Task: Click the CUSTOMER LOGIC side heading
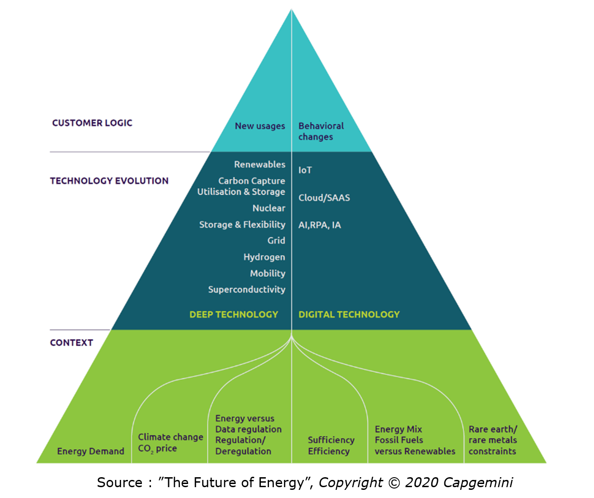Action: pyautogui.click(x=92, y=123)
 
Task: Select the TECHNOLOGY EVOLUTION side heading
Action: pyautogui.click(x=109, y=181)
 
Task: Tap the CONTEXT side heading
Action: pyautogui.click(x=71, y=343)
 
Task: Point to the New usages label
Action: pyautogui.click(x=259, y=126)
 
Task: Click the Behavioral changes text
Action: pyautogui.click(x=321, y=132)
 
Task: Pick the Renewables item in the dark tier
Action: pyautogui.click(x=259, y=164)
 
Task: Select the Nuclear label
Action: pyautogui.click(x=269, y=208)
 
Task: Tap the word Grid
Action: pyautogui.click(x=276, y=240)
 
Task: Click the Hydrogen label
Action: pyautogui.click(x=264, y=257)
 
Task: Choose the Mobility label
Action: pyautogui.click(x=268, y=273)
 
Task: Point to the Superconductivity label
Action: pyautogui.click(x=246, y=290)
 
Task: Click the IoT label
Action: pyautogui.click(x=305, y=170)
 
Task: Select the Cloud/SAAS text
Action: pyautogui.click(x=324, y=197)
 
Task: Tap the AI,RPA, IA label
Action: pyautogui.click(x=320, y=225)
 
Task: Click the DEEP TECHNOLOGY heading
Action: pyautogui.click(x=234, y=315)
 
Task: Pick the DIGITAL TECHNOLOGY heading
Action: pyautogui.click(x=349, y=315)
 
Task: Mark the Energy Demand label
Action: pyautogui.click(x=90, y=451)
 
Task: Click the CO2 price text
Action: pyautogui.click(x=157, y=449)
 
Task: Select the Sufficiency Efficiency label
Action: pyautogui.click(x=331, y=446)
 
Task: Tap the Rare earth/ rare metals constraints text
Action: pyautogui.click(x=492, y=440)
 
